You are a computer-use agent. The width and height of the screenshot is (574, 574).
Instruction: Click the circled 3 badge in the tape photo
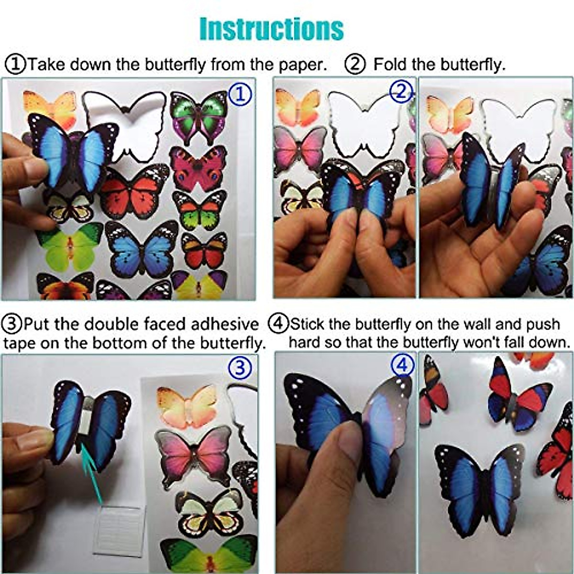pyautogui.click(x=240, y=368)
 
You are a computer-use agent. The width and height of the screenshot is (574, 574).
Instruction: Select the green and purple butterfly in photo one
pyautogui.click(x=199, y=116)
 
